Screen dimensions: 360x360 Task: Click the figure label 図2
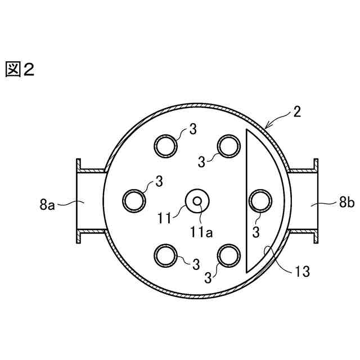click(20, 70)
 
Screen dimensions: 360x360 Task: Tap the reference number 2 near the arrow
click(297, 112)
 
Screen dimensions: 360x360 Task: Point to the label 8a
click(47, 205)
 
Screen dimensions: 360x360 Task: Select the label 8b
click(347, 202)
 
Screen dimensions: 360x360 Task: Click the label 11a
click(201, 232)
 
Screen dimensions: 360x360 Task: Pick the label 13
click(302, 271)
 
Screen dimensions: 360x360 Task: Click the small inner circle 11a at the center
click(197, 201)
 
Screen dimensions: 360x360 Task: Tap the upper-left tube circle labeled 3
click(165, 146)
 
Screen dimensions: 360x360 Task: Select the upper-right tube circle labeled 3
click(229, 146)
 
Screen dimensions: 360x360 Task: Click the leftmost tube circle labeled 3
click(134, 201)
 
